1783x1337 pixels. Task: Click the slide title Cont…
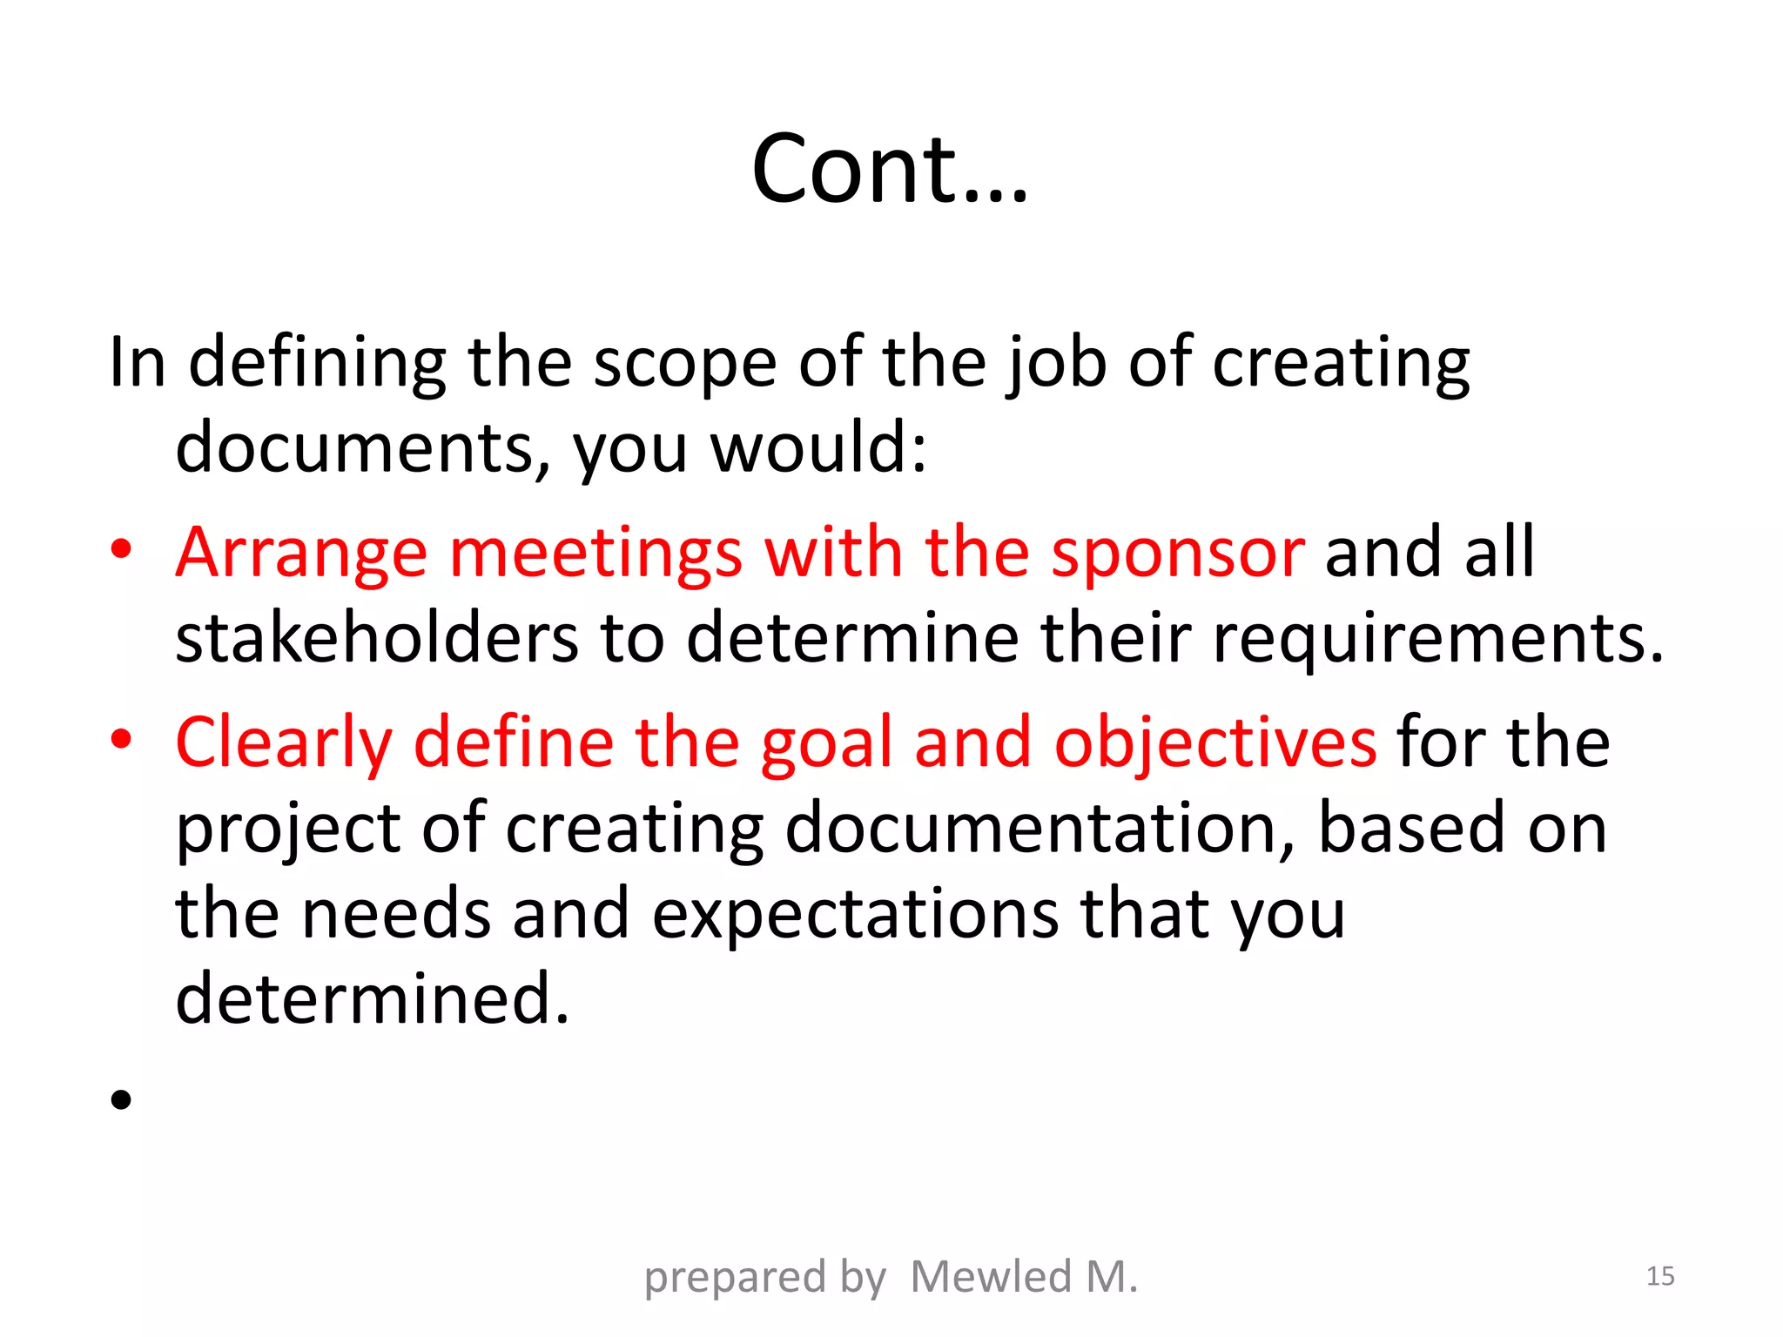point(890,169)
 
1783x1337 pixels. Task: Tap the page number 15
point(1660,1276)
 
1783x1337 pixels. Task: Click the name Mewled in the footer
point(990,1277)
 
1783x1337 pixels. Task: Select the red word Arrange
point(301,554)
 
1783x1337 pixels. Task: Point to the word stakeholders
point(376,637)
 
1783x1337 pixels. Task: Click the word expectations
point(856,915)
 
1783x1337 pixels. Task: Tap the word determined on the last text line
point(372,998)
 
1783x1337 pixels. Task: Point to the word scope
point(684,362)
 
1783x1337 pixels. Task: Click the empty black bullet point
point(121,1099)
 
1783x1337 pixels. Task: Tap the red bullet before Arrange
point(121,549)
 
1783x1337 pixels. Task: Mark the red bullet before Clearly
point(121,739)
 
